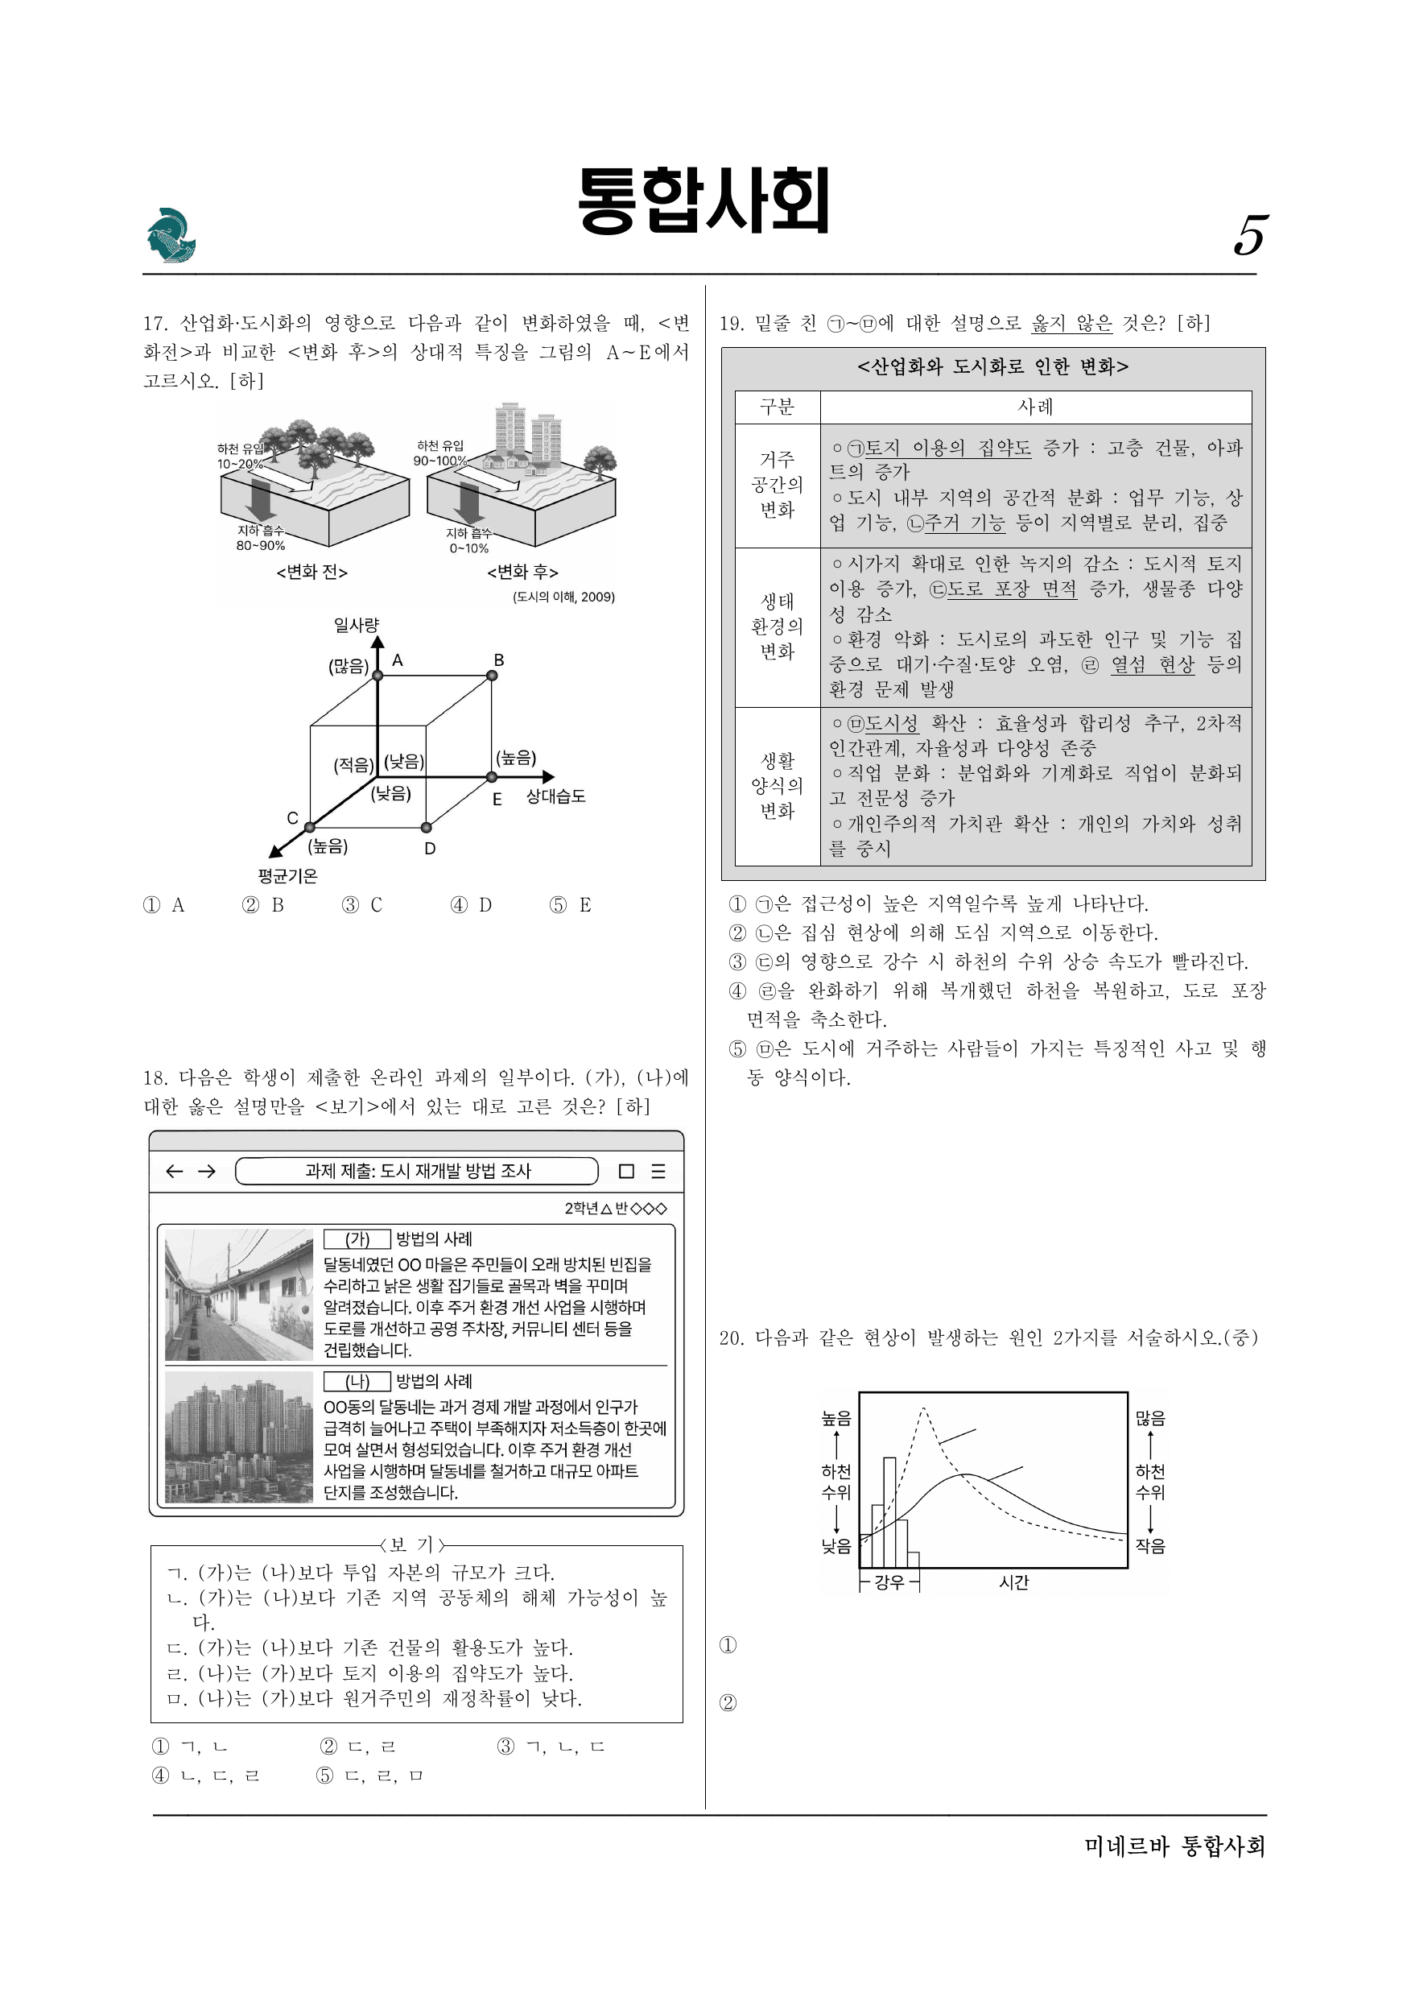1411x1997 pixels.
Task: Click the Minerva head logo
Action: (x=171, y=235)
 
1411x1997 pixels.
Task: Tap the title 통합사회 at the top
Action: (x=704, y=201)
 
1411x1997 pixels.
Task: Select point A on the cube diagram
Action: (x=378, y=675)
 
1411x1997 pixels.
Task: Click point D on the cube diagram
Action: (x=425, y=826)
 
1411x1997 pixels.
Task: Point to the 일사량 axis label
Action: (x=357, y=625)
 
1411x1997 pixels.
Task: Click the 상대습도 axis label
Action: (x=555, y=796)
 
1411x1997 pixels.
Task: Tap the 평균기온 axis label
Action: (x=288, y=876)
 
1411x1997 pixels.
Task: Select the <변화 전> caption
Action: (x=312, y=572)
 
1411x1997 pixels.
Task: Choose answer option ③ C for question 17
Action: (x=362, y=904)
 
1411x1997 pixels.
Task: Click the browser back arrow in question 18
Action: (x=174, y=1171)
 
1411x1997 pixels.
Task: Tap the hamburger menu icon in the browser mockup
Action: (x=658, y=1171)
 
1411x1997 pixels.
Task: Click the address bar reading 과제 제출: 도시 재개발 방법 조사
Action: (x=417, y=1171)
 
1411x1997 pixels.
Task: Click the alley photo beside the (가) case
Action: (x=239, y=1294)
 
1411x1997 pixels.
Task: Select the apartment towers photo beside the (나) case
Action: (x=239, y=1437)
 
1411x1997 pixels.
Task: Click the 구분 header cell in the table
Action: (x=778, y=406)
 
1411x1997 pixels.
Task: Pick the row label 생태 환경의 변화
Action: (x=778, y=626)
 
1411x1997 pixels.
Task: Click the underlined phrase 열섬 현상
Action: (x=1152, y=664)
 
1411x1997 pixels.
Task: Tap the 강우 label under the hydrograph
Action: (x=889, y=1582)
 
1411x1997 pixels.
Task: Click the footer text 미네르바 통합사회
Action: (x=1175, y=1846)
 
